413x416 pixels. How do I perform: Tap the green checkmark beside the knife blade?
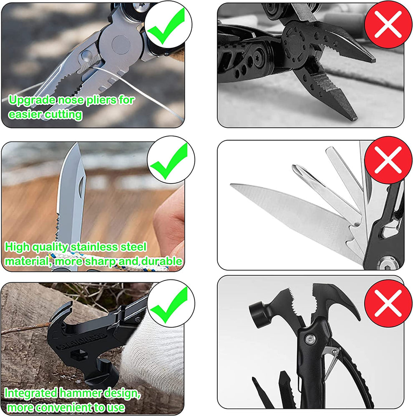[x=169, y=161]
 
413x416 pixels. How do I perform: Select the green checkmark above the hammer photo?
[x=169, y=305]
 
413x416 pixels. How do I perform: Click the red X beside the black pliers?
[x=388, y=25]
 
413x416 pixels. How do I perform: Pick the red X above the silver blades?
[x=388, y=160]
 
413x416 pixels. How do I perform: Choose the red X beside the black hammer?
[x=388, y=303]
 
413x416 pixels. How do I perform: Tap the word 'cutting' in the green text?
[x=64, y=115]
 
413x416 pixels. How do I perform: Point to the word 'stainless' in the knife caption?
[x=94, y=247]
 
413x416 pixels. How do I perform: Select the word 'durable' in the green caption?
[x=161, y=261]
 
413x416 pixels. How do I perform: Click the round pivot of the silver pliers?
[x=121, y=45]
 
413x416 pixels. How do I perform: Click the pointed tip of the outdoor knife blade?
[x=77, y=144]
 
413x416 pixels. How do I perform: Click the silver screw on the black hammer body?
[x=310, y=339]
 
